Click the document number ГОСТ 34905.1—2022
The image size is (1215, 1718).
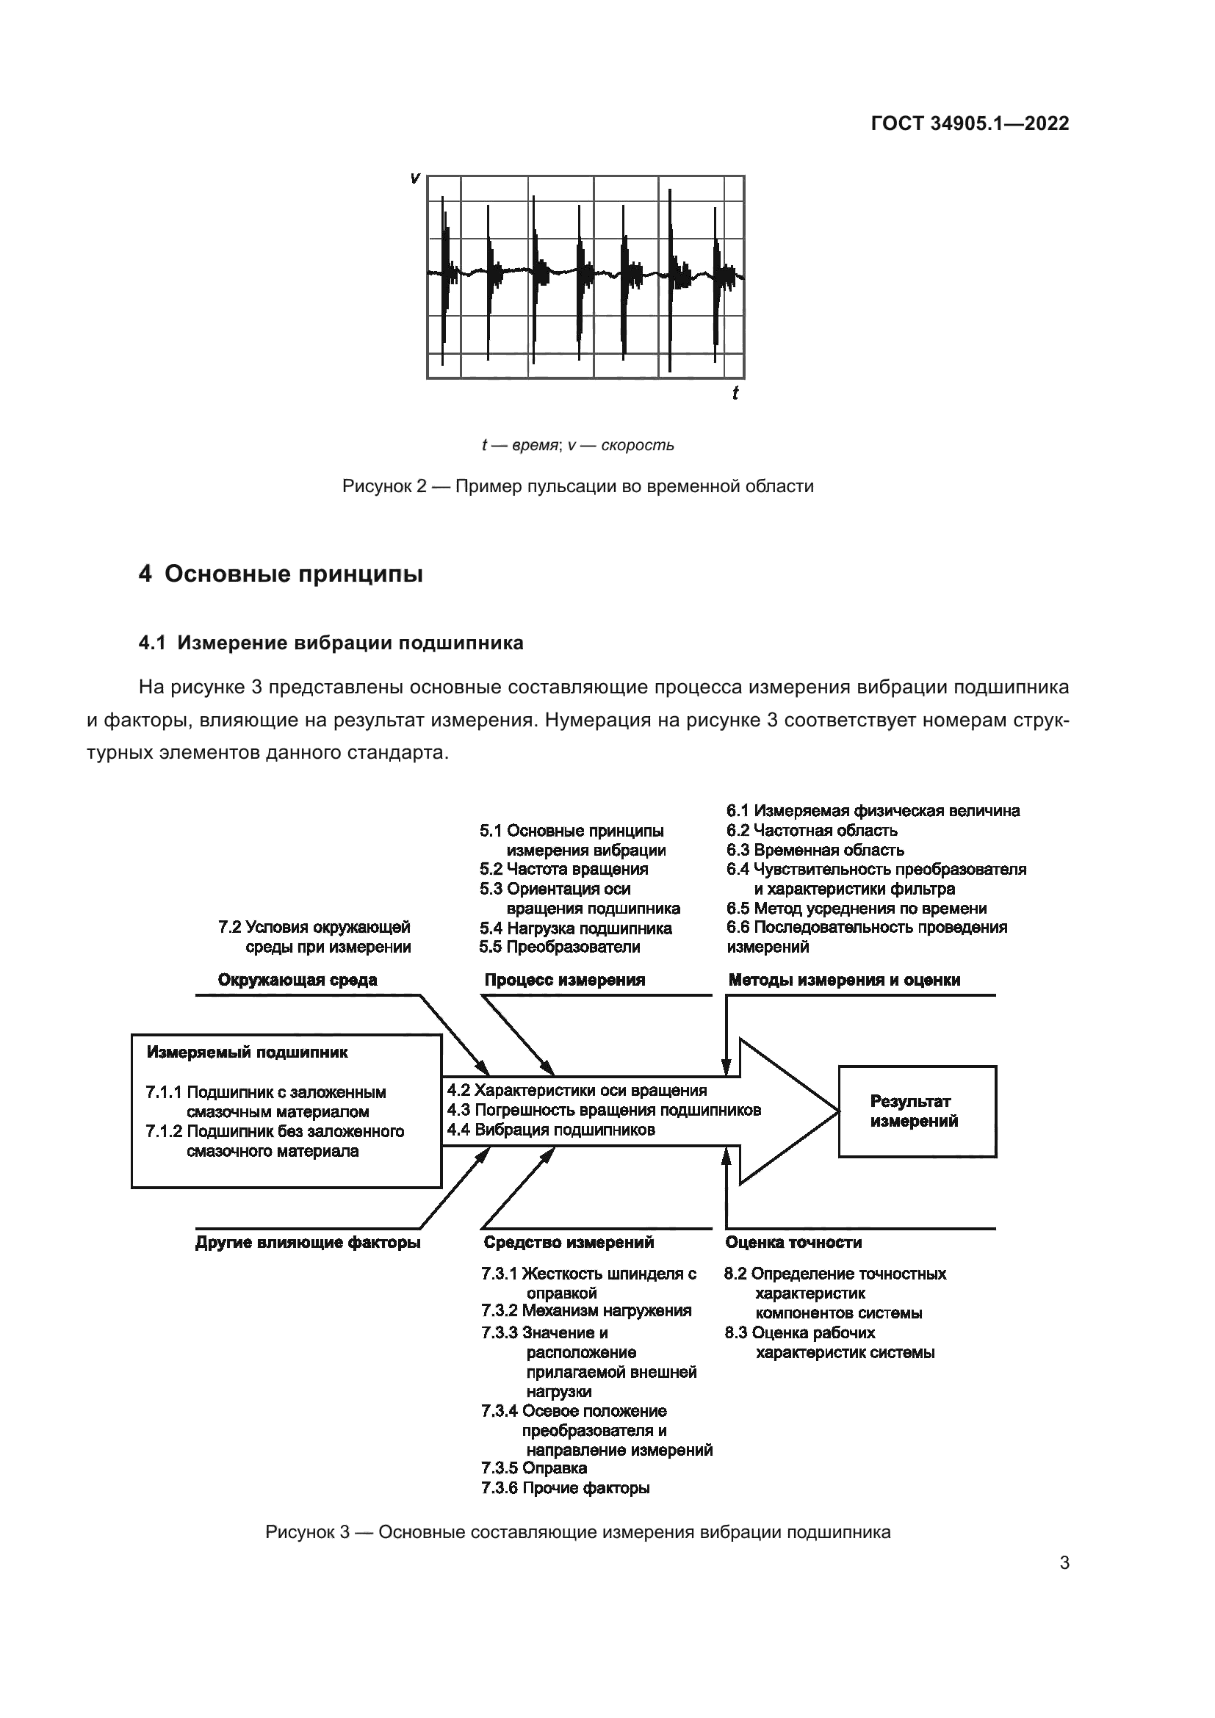pyautogui.click(x=970, y=123)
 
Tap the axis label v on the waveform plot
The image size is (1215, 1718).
pyautogui.click(x=414, y=178)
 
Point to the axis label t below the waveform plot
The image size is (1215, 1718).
pyautogui.click(x=735, y=393)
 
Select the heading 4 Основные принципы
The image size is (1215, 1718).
pyautogui.click(x=281, y=574)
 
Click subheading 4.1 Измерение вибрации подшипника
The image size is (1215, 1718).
pyautogui.click(x=331, y=643)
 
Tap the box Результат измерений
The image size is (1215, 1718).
pyautogui.click(x=917, y=1111)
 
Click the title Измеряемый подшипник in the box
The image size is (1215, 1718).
pyautogui.click(x=247, y=1052)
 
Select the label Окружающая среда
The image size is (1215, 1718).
pyautogui.click(x=297, y=981)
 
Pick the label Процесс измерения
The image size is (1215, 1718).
pyautogui.click(x=564, y=981)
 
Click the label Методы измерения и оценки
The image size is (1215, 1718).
pyautogui.click(x=844, y=981)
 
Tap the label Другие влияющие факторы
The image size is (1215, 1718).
pyautogui.click(x=308, y=1243)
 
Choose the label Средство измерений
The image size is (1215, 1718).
pyautogui.click(x=569, y=1243)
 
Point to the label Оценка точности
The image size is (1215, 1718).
pyautogui.click(x=793, y=1243)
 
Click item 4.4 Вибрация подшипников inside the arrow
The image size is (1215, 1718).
pyautogui.click(x=551, y=1130)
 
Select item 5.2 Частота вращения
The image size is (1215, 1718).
pyautogui.click(x=563, y=870)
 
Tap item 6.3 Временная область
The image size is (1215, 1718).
pyautogui.click(x=815, y=850)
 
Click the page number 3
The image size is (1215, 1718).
pyautogui.click(x=1064, y=1563)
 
